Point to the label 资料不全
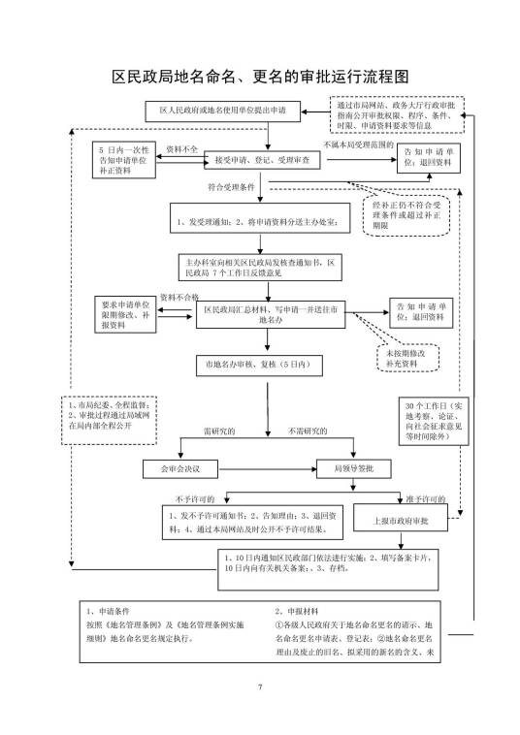click(x=181, y=148)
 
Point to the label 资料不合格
click(x=179, y=297)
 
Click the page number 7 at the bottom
click(x=260, y=687)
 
